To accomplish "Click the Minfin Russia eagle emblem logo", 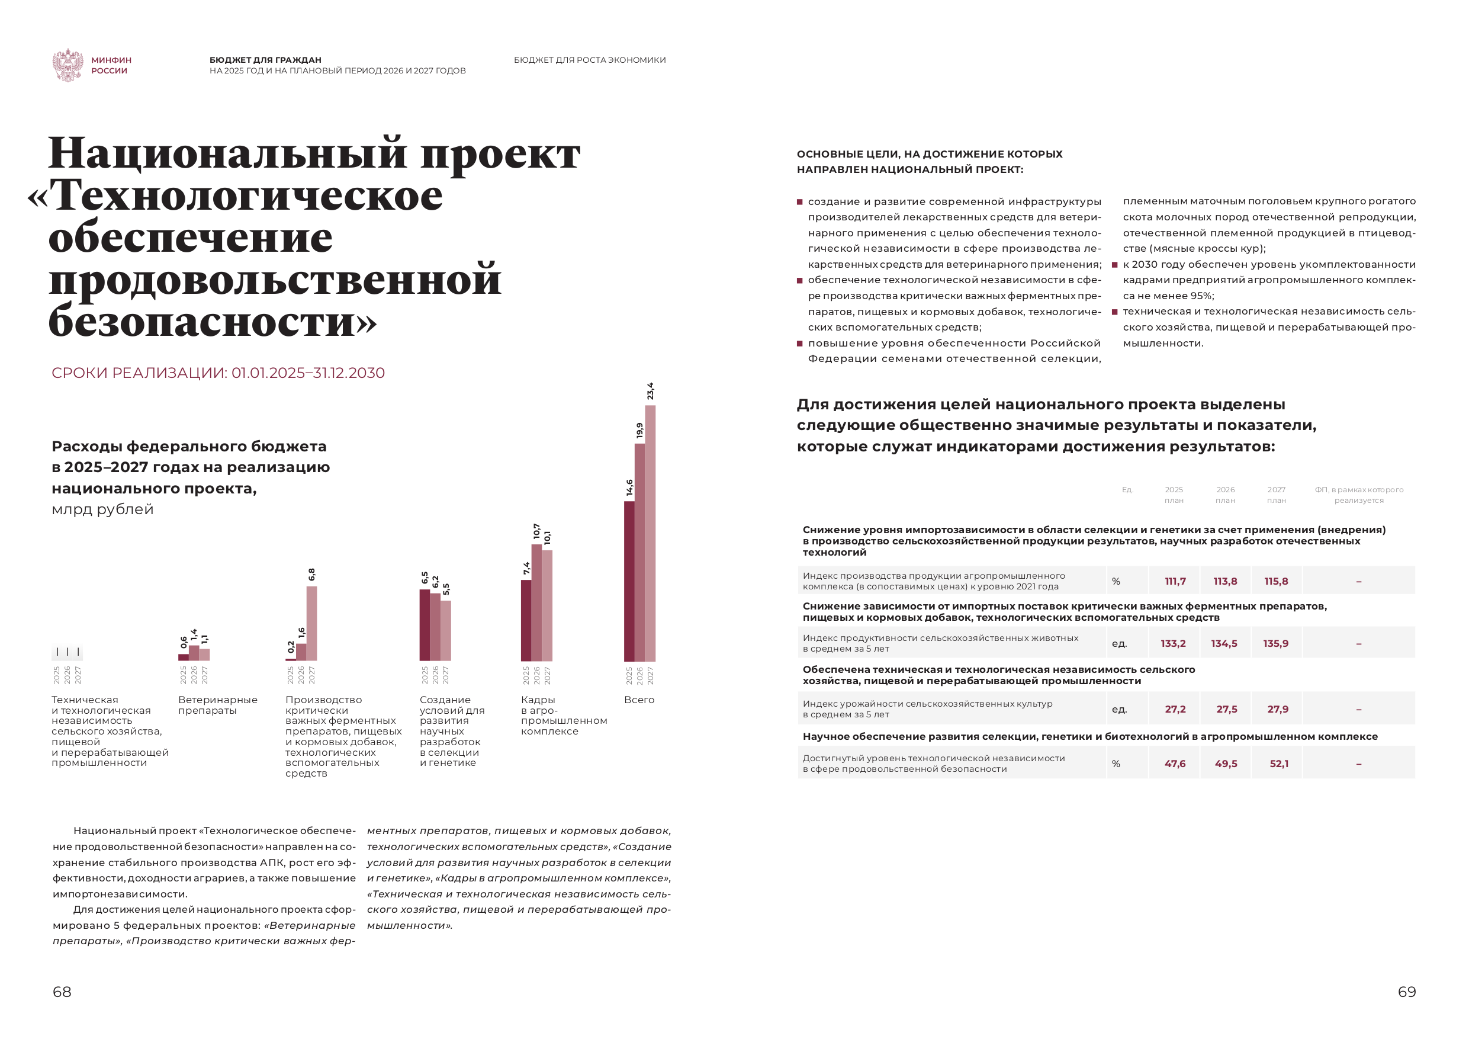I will [x=68, y=65].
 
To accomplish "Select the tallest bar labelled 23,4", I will [x=650, y=533].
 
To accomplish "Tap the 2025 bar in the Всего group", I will [x=629, y=581].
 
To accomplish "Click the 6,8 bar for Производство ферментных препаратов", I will [x=311, y=623].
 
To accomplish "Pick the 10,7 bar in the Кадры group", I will [x=537, y=602].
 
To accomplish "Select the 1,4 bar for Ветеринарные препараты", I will [x=194, y=652].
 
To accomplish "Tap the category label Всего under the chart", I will [x=639, y=700].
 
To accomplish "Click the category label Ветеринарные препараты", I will [x=217, y=705].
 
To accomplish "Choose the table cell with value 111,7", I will [x=1175, y=581].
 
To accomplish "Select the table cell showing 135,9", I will [x=1276, y=643].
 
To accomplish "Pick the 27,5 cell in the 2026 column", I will [x=1226, y=709].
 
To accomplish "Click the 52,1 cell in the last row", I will [x=1279, y=764].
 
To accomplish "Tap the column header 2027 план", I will [x=1277, y=495].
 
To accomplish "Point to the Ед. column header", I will [x=1127, y=490].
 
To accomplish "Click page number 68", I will [x=62, y=992].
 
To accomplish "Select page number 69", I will [x=1407, y=992].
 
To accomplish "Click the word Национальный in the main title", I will [x=227, y=153].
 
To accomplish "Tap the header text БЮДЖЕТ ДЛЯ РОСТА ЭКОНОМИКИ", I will [x=589, y=60].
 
